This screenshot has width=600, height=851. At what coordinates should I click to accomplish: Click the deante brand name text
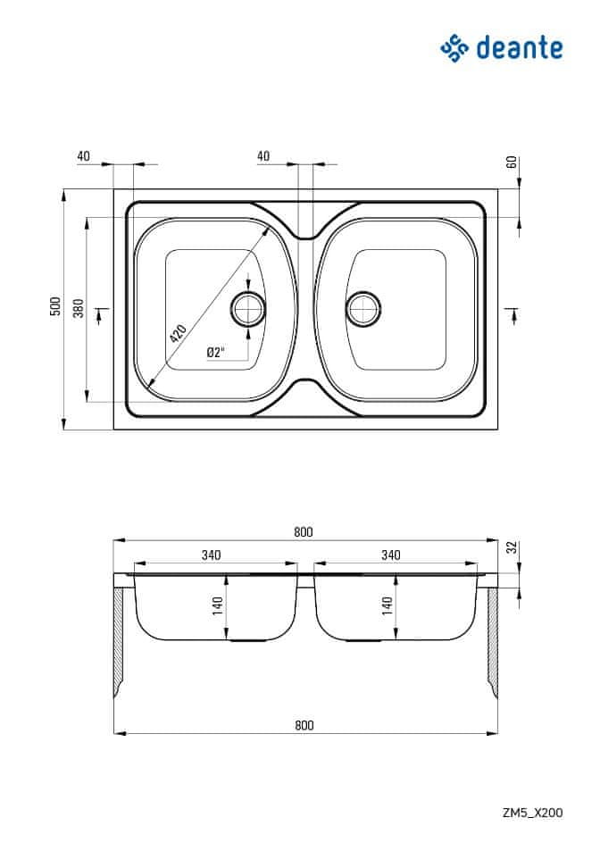[x=520, y=47]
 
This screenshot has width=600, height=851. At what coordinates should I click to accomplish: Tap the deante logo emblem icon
[x=454, y=48]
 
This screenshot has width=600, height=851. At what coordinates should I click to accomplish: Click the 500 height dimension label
[x=55, y=307]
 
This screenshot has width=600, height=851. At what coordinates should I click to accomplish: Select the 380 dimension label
[x=79, y=308]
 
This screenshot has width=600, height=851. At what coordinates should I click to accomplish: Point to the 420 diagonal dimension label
[x=178, y=333]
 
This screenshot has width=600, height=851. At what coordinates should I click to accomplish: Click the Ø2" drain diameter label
[x=215, y=352]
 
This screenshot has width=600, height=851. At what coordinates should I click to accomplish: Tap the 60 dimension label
[x=512, y=162]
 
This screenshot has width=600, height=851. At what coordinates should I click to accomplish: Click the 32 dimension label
[x=512, y=547]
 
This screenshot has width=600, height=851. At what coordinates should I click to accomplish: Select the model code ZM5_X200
[x=532, y=813]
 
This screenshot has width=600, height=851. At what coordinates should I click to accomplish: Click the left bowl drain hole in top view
[x=248, y=309]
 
